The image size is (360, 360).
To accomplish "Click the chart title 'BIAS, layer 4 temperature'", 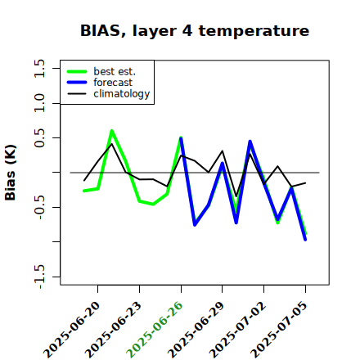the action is [195, 30].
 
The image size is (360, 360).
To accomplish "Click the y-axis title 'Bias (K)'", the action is [11, 173].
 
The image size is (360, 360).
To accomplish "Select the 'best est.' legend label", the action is [115, 71].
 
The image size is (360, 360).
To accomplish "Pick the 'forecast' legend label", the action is [113, 83].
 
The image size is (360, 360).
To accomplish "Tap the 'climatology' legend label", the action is [122, 94].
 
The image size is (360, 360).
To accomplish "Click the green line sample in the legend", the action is [77, 71].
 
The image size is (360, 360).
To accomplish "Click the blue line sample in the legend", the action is [77, 83].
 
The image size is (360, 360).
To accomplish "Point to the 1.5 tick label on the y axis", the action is [39, 68].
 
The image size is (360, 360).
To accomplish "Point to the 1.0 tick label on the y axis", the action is [39, 103].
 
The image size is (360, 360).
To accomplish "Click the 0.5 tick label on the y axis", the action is [39, 138].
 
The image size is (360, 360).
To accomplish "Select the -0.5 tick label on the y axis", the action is [39, 207].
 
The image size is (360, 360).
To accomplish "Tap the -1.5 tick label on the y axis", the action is [39, 277].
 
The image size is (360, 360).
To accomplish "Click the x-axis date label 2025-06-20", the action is [72, 330].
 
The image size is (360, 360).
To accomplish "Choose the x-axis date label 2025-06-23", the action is [113, 330].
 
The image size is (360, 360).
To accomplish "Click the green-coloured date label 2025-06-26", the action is [155, 330].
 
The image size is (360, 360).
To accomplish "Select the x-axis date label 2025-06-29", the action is [196, 330].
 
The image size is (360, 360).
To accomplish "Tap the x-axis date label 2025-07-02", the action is [237, 330].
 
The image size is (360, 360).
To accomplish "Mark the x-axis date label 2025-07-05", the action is [279, 330].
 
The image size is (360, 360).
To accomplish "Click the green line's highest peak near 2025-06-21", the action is [111, 131].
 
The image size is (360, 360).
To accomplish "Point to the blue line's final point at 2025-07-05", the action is [305, 240].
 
